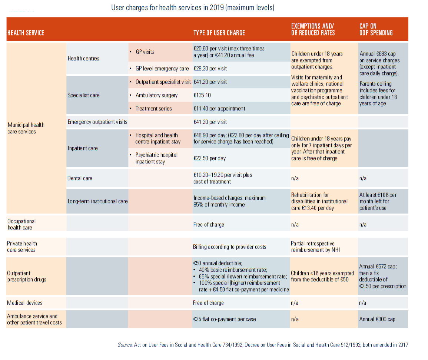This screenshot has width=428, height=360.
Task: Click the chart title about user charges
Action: point(193,7)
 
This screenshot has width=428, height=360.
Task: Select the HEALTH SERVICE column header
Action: point(26,33)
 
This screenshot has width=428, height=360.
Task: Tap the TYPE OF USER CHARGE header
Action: point(219,33)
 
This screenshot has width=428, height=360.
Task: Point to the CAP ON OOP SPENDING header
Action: point(376,30)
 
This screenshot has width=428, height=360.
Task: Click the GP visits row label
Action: point(145,52)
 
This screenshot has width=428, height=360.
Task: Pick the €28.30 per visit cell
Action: point(210,69)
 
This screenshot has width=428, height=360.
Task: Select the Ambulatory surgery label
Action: point(156,95)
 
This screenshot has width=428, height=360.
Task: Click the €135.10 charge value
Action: point(202,95)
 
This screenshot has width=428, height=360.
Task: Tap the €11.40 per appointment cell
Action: point(219,109)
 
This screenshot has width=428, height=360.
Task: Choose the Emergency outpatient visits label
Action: point(97,122)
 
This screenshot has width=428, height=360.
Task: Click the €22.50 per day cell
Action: point(209,158)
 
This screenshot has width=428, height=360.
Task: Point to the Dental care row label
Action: point(80,178)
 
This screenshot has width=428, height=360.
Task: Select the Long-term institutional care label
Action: point(97,201)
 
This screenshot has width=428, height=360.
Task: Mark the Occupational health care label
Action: point(21,224)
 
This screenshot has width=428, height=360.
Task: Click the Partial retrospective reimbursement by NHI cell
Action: point(315,247)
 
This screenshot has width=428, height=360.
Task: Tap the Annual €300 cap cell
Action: point(377,319)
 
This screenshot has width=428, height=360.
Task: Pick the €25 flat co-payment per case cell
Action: point(224,319)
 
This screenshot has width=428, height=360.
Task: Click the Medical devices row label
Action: point(24,303)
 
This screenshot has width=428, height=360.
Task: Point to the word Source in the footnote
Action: point(125,345)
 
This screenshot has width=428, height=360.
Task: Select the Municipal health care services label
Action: point(26,128)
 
